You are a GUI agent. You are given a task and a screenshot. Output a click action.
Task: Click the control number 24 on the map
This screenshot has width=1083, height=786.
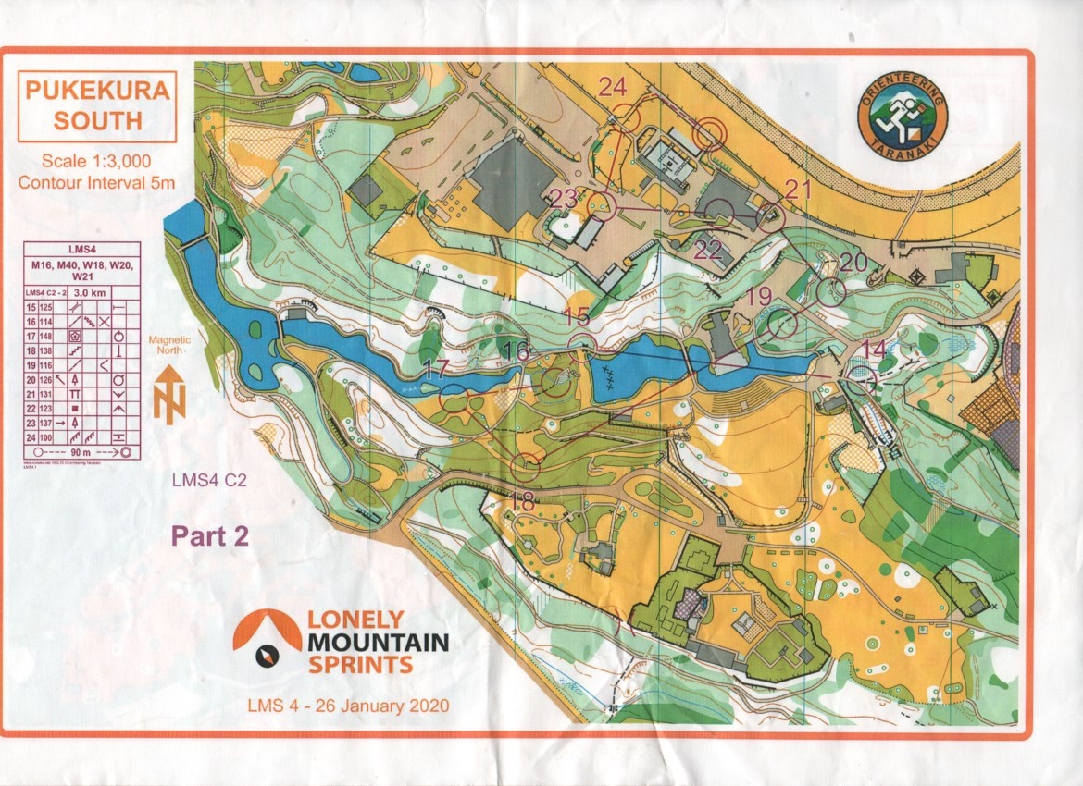click(x=613, y=87)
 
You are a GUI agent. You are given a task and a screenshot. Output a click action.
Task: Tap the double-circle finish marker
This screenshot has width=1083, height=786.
click(x=711, y=133)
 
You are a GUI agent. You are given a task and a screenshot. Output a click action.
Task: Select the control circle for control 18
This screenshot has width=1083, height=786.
click(x=526, y=467)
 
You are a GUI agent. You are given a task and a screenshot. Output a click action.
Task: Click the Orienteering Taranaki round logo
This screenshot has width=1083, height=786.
click(x=902, y=115)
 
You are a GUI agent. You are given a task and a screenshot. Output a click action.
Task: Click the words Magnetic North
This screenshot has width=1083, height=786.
click(x=169, y=345)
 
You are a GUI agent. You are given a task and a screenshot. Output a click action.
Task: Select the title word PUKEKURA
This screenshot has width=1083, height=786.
click(x=96, y=92)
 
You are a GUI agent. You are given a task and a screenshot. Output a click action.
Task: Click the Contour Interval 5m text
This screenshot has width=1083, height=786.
click(x=96, y=181)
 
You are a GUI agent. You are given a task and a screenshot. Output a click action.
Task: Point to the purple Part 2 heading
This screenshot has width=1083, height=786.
click(x=209, y=536)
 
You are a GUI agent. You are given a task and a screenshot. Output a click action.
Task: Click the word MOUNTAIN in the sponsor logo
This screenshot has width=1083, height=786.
click(x=378, y=642)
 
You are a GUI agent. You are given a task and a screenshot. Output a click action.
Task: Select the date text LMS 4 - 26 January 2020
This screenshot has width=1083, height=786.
click(x=348, y=706)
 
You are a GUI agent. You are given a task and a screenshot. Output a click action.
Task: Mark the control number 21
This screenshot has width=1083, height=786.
click(x=797, y=190)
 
